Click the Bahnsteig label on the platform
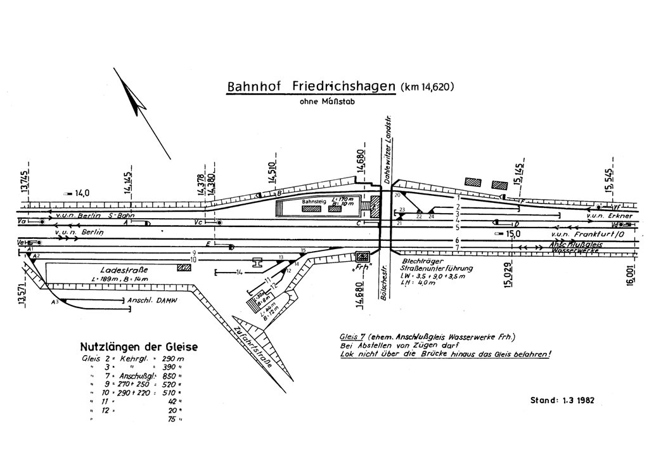(x=313, y=202)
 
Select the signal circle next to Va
(x=42, y=222)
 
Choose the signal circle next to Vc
(x=219, y=223)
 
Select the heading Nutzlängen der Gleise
(x=139, y=347)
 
